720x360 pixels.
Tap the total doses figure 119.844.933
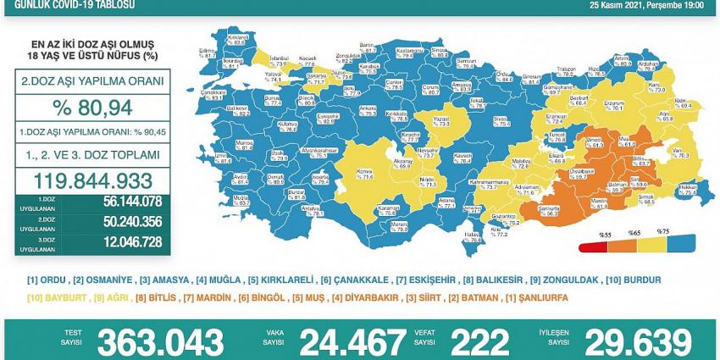(93, 180)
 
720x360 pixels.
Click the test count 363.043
(160, 343)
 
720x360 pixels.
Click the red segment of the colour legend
(591, 248)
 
